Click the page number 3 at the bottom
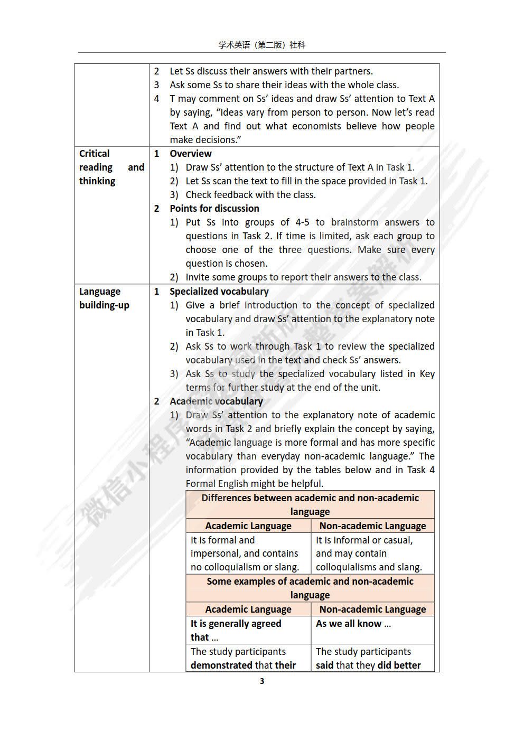(x=262, y=681)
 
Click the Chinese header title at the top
(x=262, y=45)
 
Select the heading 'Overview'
(x=190, y=154)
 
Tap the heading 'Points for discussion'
(x=214, y=209)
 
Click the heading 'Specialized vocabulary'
(x=219, y=292)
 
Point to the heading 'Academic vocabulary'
(x=216, y=401)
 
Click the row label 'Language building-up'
(x=104, y=298)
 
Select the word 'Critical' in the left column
(x=95, y=154)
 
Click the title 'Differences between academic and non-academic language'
(x=310, y=504)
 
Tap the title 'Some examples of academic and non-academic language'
(x=310, y=588)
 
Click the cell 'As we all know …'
(x=353, y=624)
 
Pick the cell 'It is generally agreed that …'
(x=236, y=630)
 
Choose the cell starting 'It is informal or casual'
(x=369, y=554)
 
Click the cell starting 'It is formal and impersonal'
(x=245, y=554)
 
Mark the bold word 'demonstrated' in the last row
(x=218, y=665)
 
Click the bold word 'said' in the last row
(x=324, y=665)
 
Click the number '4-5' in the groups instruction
(x=300, y=222)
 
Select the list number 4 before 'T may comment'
(x=156, y=99)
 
